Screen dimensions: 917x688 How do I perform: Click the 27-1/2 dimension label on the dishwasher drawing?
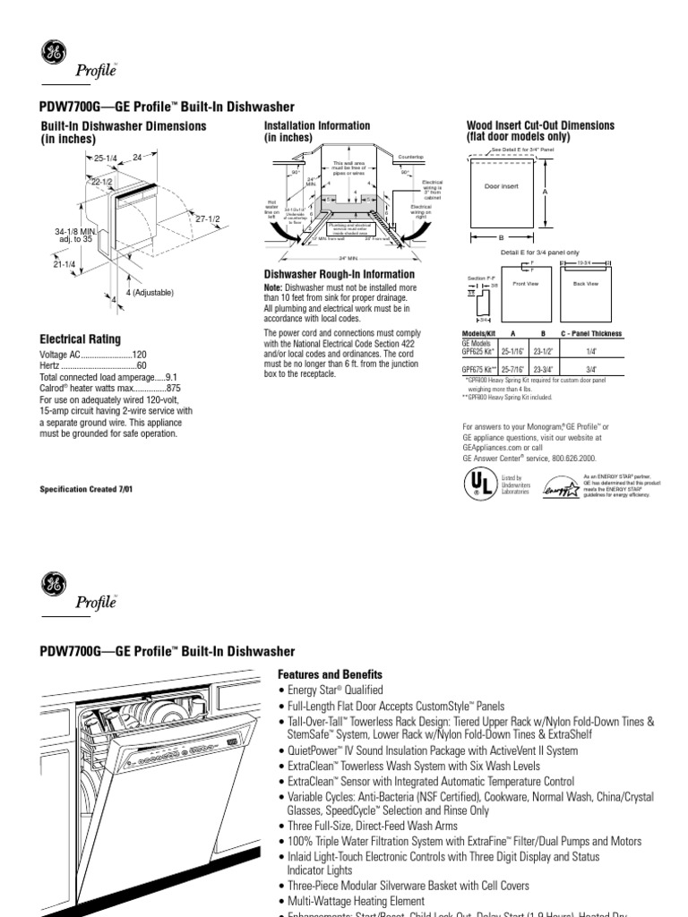pyautogui.click(x=209, y=218)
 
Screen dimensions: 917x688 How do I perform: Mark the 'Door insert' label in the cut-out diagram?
pyautogui.click(x=502, y=186)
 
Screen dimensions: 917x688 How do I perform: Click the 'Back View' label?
pyautogui.click(x=585, y=283)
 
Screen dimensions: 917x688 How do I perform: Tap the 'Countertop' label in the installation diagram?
pyautogui.click(x=410, y=157)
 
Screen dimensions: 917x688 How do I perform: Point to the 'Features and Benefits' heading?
pyautogui.click(x=331, y=673)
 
